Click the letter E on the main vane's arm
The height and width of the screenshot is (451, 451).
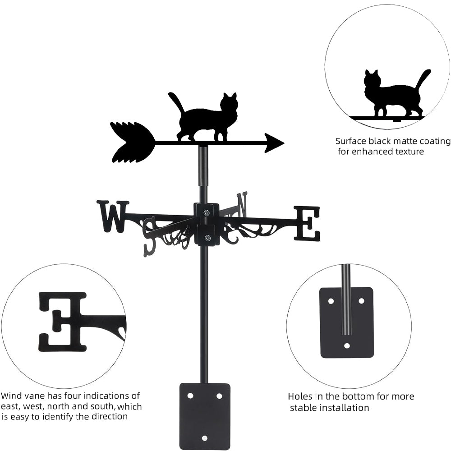click(307, 223)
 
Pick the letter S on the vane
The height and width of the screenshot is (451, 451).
click(149, 235)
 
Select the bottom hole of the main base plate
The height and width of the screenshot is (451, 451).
click(205, 438)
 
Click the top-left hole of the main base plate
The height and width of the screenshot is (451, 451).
click(190, 396)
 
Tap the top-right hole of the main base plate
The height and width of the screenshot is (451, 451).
click(219, 396)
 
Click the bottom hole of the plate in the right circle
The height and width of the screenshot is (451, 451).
click(346, 346)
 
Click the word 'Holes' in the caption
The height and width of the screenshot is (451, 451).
click(300, 397)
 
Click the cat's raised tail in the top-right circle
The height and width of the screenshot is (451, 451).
click(423, 79)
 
